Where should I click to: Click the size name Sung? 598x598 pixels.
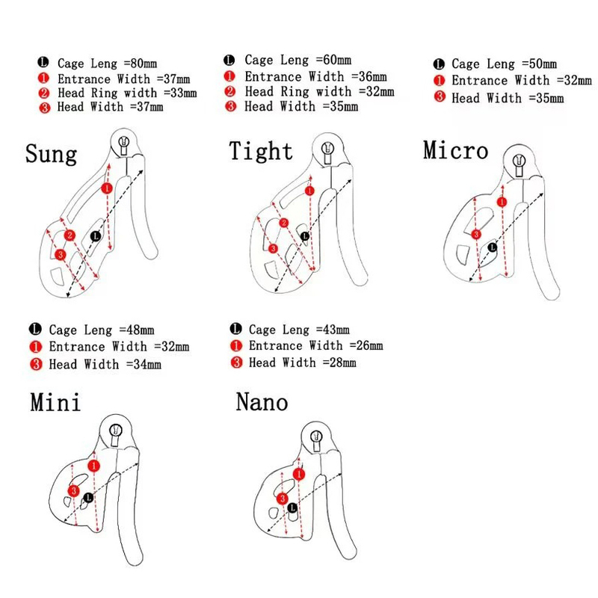(51, 154)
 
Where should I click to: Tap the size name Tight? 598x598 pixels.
(261, 151)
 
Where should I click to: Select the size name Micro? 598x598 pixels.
(456, 150)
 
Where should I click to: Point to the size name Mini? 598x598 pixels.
(55, 402)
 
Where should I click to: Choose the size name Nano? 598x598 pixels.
(262, 402)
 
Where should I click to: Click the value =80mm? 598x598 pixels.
(141, 64)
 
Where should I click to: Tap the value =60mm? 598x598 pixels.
(333, 60)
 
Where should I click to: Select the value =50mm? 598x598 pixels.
(539, 64)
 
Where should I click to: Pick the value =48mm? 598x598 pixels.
(137, 330)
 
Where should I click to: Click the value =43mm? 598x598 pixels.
(333, 329)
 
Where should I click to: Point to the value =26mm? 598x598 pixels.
(366, 345)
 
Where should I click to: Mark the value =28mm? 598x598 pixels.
(339, 363)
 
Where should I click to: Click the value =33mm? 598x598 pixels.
(180, 93)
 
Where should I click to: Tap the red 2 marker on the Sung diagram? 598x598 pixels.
(70, 235)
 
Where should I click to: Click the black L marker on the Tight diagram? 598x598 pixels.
(305, 236)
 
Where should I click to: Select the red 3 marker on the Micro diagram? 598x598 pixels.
(476, 234)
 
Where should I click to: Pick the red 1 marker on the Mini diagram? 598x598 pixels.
(94, 466)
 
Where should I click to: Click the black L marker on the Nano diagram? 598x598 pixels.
(292, 508)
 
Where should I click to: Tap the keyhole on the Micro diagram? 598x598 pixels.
(519, 164)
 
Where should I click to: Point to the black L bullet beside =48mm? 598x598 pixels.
(35, 329)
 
